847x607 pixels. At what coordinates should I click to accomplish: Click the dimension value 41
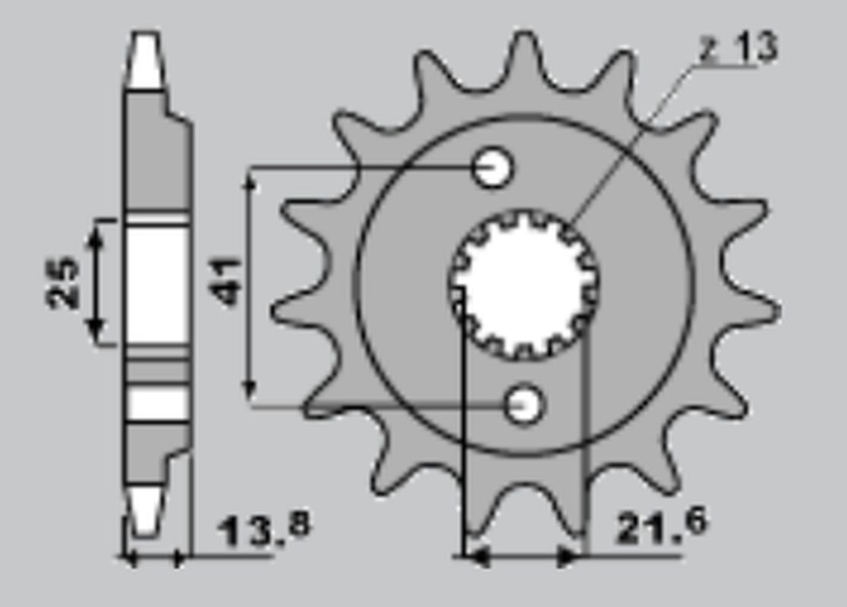pos(225,282)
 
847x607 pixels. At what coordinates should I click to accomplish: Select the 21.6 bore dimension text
pos(660,525)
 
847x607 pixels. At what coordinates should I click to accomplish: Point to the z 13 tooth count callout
pos(738,48)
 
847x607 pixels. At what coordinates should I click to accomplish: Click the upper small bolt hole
pos(492,168)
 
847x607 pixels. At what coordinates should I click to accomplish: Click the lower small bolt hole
pos(524,404)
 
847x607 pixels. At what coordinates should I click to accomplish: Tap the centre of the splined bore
pos(524,284)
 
